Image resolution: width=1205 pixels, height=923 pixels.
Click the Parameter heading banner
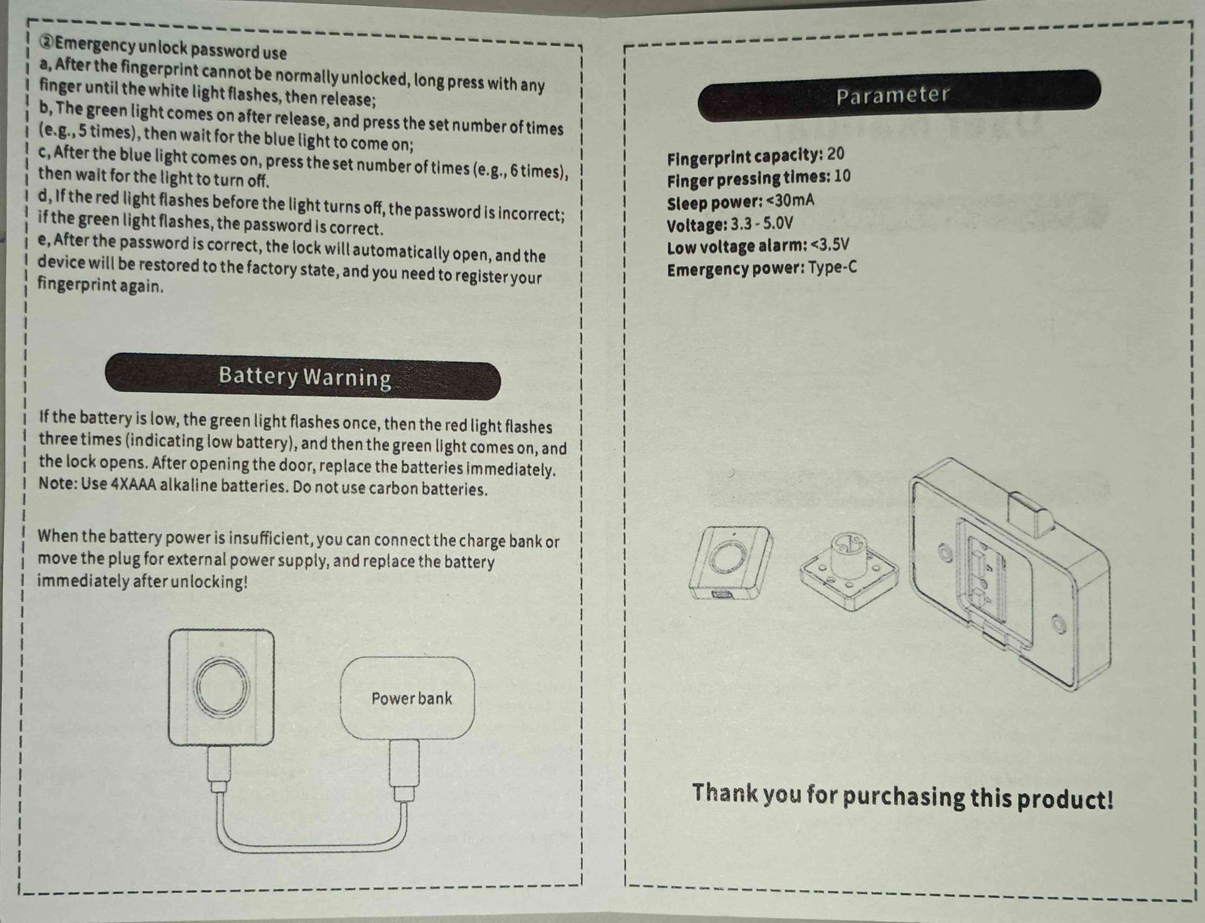pyautogui.click(x=899, y=95)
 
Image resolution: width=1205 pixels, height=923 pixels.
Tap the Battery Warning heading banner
pyautogui.click(x=303, y=376)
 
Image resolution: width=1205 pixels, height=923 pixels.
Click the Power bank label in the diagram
pyautogui.click(x=412, y=698)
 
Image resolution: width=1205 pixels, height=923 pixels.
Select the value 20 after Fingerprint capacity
pyautogui.click(x=835, y=154)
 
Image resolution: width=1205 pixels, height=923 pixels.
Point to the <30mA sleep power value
pyautogui.click(x=790, y=201)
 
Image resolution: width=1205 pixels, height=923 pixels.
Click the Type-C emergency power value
pyautogui.click(x=832, y=268)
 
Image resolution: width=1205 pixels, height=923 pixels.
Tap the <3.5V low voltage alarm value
pyautogui.click(x=830, y=245)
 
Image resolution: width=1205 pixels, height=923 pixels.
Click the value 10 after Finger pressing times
pyautogui.click(x=842, y=176)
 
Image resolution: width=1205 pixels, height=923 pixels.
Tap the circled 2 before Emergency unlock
pyautogui.click(x=47, y=42)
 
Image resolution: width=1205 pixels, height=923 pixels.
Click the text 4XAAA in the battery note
pyautogui.click(x=134, y=484)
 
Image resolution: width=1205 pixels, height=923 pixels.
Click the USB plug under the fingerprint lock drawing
pyautogui.click(x=219, y=769)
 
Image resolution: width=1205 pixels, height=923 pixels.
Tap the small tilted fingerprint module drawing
pyautogui.click(x=731, y=562)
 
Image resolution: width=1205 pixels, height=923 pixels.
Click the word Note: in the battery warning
pyautogui.click(x=58, y=483)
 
